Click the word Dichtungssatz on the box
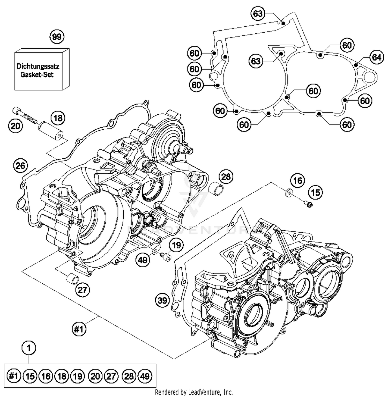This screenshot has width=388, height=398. tap(38, 66)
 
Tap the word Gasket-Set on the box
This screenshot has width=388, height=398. tap(37, 75)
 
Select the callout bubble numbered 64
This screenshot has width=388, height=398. tap(376, 57)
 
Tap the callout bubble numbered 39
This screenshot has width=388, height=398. tap(162, 300)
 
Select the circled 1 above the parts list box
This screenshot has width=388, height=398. tap(29, 348)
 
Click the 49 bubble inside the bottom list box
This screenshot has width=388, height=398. tap(145, 376)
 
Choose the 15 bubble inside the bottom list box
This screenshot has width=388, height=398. tap(30, 376)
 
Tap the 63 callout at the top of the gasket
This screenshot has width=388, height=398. tap(258, 13)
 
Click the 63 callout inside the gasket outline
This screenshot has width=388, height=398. tap(256, 61)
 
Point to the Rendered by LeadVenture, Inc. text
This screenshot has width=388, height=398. tap(194, 392)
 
